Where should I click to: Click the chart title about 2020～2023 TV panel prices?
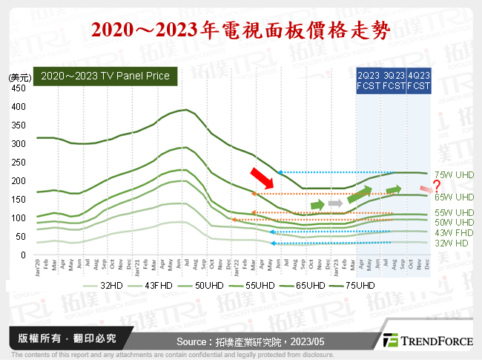[240, 29]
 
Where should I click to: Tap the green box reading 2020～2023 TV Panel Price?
[105, 76]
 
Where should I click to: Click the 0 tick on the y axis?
[23, 255]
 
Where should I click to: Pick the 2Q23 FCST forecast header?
[369, 81]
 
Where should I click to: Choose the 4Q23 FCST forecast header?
[417, 81]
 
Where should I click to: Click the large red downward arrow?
[262, 178]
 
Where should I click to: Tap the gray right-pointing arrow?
[335, 203]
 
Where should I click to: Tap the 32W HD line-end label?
[450, 243]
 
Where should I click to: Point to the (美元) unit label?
[19, 76]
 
